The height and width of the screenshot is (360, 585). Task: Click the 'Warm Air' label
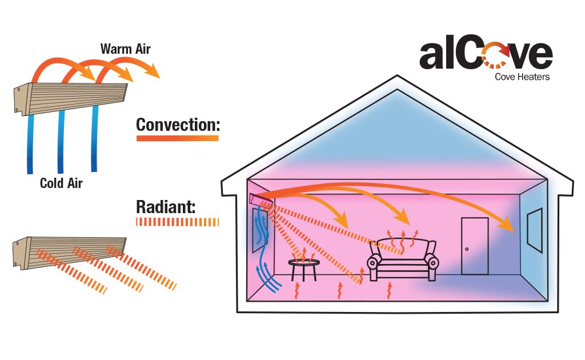pyautogui.click(x=125, y=49)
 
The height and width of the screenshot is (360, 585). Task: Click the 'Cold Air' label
pyautogui.click(x=61, y=183)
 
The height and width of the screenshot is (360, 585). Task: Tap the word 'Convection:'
pyautogui.click(x=178, y=125)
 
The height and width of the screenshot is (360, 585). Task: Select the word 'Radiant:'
pyautogui.click(x=166, y=207)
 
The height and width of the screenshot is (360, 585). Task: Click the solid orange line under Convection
pyautogui.click(x=178, y=138)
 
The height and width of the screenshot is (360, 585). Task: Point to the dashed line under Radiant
pyautogui.click(x=178, y=221)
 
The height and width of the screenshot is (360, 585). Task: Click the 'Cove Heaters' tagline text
pyautogui.click(x=522, y=77)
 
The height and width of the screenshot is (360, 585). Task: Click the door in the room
pyautogui.click(x=474, y=246)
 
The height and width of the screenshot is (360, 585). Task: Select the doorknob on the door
pyautogui.click(x=467, y=250)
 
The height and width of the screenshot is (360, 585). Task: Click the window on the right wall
pyautogui.click(x=535, y=230)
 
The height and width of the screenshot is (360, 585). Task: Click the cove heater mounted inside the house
pyautogui.click(x=259, y=199)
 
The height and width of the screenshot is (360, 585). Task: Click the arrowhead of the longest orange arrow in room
pyautogui.click(x=510, y=226)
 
